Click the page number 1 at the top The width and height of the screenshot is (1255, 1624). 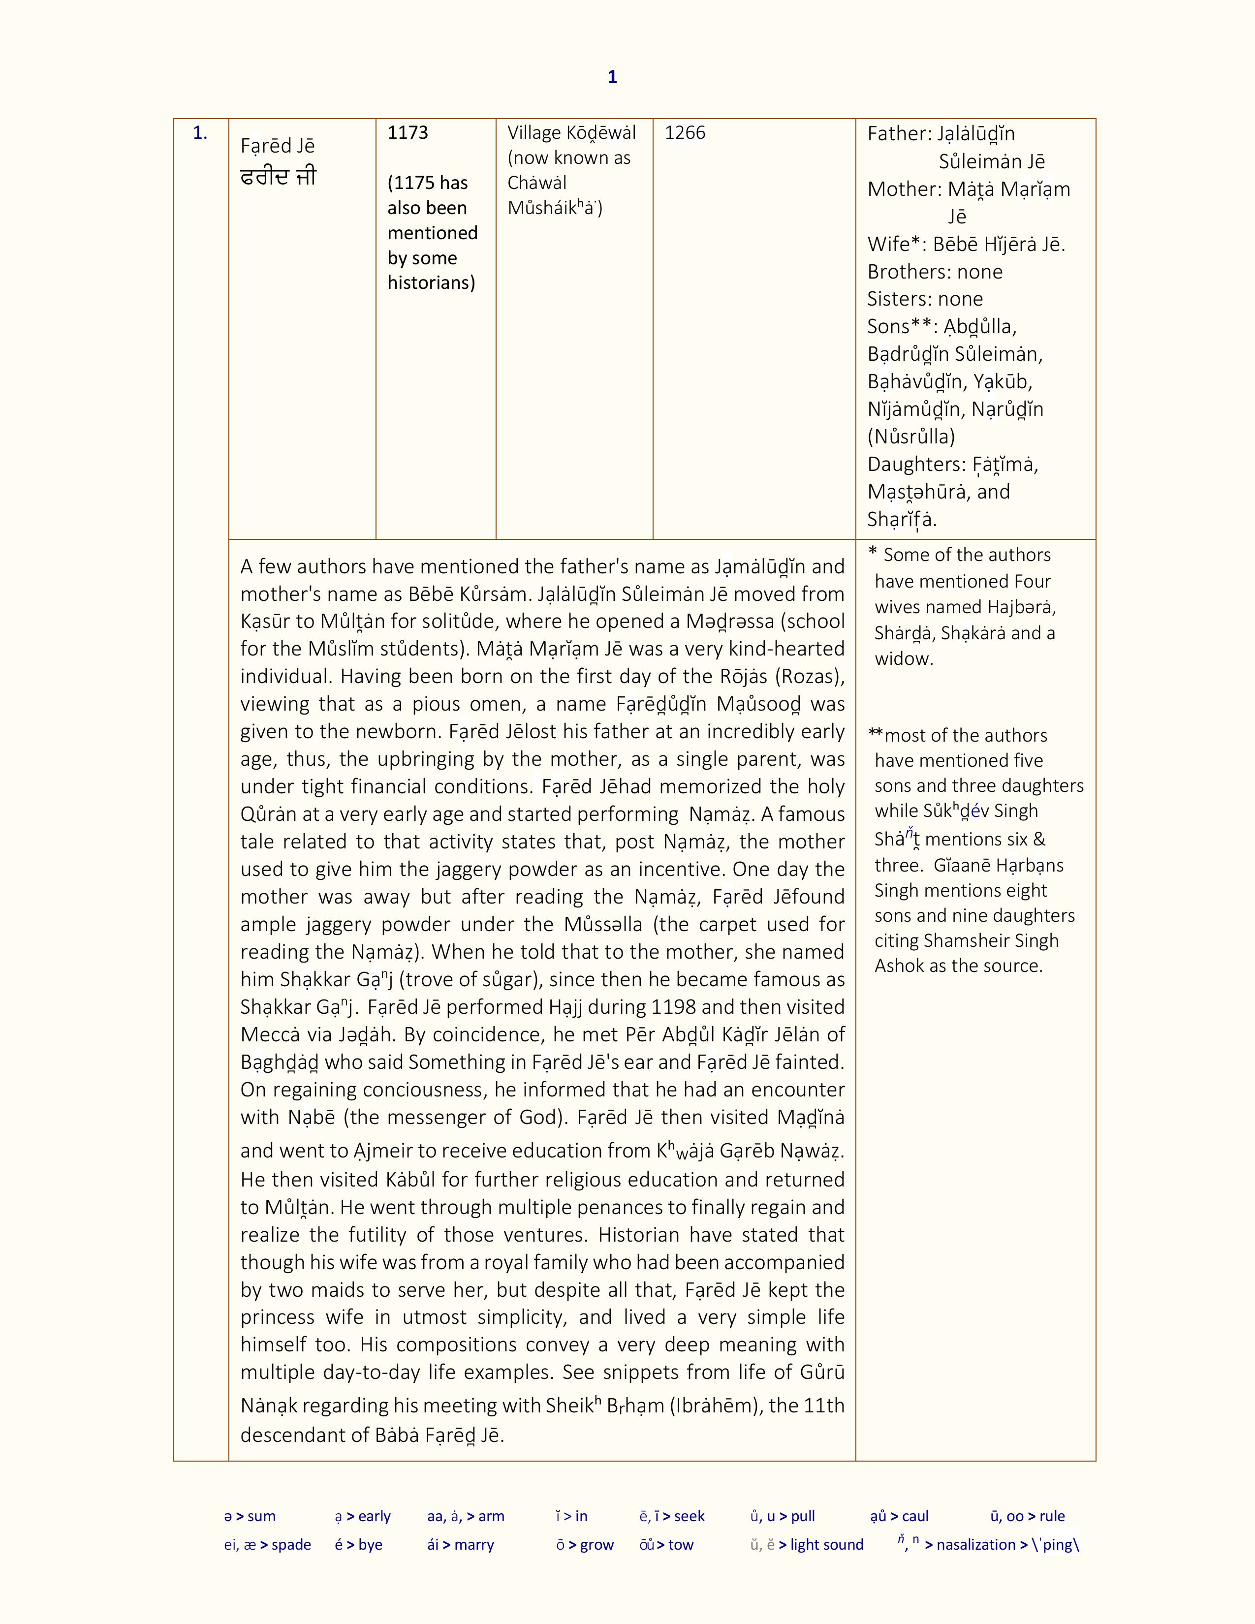[x=612, y=77]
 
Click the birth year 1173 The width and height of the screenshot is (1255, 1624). [x=408, y=133]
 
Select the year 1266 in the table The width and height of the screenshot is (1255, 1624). [x=684, y=133]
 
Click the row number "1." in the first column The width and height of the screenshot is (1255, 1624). [x=200, y=133]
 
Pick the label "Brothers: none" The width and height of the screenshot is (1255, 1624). [x=935, y=272]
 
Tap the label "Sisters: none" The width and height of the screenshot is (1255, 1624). [x=925, y=299]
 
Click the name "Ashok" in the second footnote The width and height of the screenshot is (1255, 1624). [x=897, y=966]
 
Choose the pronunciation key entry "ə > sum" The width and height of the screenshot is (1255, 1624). [x=250, y=1516]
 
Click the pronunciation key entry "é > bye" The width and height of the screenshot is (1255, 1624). [x=358, y=1544]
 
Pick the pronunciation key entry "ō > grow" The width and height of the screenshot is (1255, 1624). [x=585, y=1544]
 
